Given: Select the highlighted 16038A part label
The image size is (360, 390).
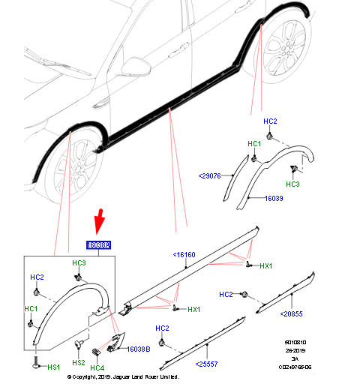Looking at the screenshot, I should pos(98,245).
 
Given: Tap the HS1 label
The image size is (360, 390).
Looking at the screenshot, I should pos(54,367).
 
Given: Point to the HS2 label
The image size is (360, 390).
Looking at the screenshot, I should pos(78,361).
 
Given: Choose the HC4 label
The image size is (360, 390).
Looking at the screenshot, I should pos(97,367).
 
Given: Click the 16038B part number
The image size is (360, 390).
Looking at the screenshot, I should pos(138,349).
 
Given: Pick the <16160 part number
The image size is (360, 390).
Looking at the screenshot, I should pos(184,256).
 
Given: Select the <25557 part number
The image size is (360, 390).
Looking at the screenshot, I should pos(208,364).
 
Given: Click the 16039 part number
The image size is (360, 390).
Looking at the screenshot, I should pos(273,199).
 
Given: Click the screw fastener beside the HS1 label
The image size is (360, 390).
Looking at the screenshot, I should pos(36,365).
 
